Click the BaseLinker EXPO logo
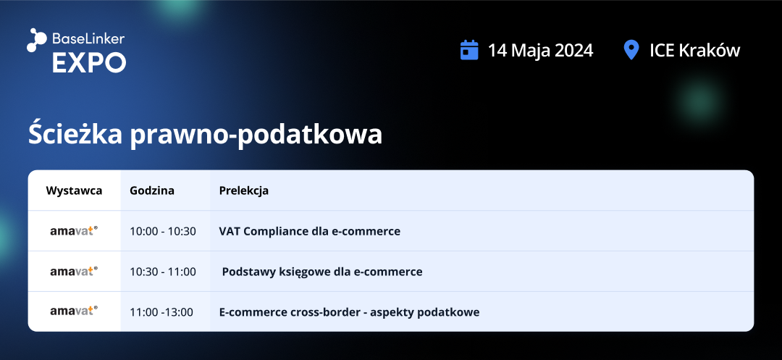(76, 51)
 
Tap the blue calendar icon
(469, 50)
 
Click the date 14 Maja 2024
(541, 51)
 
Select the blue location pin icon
(631, 51)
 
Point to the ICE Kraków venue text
(694, 51)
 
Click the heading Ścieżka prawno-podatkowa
(205, 134)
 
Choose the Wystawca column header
(74, 191)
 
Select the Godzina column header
(152, 191)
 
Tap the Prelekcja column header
(244, 191)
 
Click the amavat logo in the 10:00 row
(74, 231)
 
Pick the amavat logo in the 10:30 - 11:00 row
(74, 271)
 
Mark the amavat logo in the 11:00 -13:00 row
(74, 311)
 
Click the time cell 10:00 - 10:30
(163, 231)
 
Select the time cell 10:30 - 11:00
(163, 272)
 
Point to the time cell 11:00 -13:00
(161, 312)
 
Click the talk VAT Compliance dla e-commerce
(310, 231)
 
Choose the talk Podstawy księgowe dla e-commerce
(322, 272)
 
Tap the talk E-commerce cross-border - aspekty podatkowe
(350, 312)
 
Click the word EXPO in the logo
(89, 63)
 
